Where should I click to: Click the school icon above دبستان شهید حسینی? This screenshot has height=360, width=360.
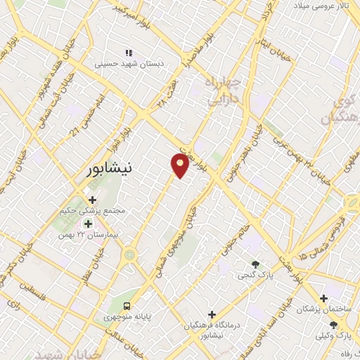pyautogui.click(x=129, y=53)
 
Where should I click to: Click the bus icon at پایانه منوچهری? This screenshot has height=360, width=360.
pyautogui.click(x=127, y=305)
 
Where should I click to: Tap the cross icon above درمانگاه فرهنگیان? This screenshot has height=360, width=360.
pyautogui.click(x=212, y=314)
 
